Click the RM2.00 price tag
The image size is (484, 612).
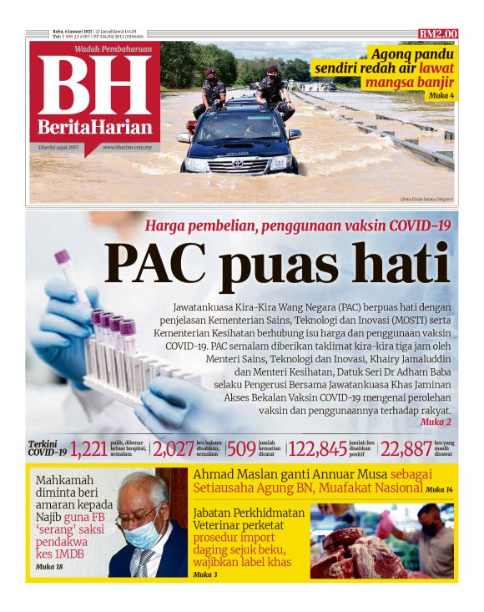pos(438,33)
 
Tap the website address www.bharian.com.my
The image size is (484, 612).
pos(127,147)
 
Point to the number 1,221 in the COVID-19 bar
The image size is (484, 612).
pos(88,449)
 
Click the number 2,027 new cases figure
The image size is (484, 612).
pos(173,449)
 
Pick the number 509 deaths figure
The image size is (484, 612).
pos(241,449)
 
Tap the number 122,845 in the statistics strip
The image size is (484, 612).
pos(316,449)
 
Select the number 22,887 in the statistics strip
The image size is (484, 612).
pos(405,449)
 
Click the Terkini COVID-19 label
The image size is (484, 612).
pos(47,448)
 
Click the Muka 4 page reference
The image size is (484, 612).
pos(441,96)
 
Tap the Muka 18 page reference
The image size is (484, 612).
pos(49,567)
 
